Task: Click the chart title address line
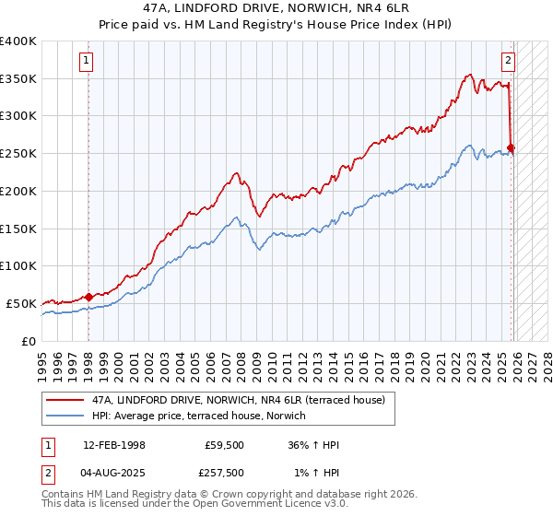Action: (x=276, y=7)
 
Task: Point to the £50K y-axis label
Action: (x=20, y=303)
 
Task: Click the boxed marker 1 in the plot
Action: (x=86, y=62)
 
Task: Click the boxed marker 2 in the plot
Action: (x=508, y=62)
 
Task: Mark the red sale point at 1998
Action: (x=89, y=297)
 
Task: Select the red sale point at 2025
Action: (x=512, y=147)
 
